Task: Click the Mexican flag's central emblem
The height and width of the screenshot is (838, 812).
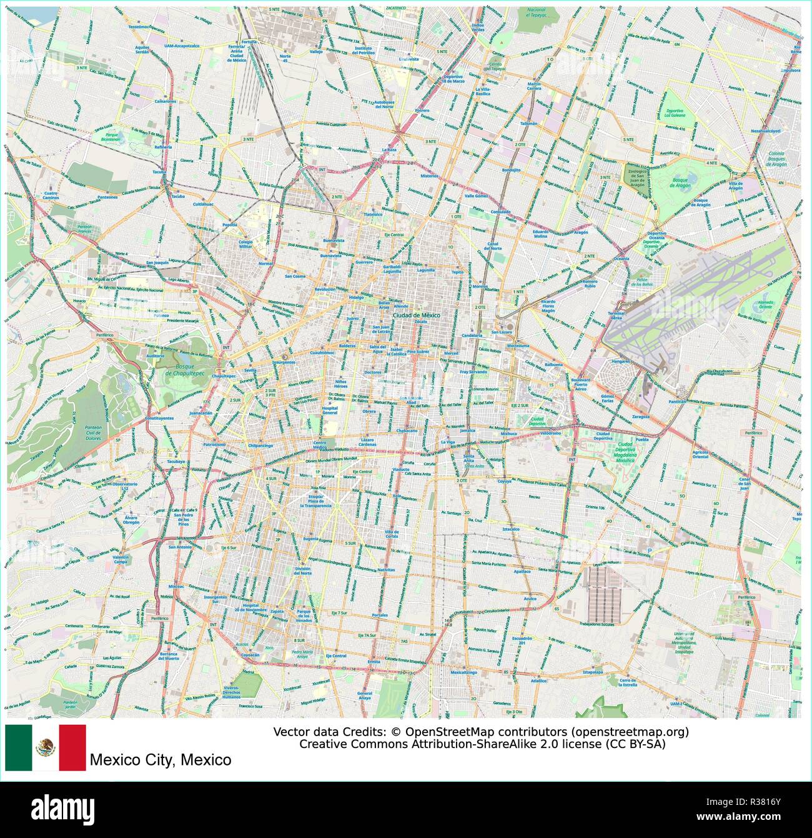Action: click(45, 747)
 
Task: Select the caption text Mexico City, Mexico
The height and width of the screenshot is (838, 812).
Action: click(161, 760)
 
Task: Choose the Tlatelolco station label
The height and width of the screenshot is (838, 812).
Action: click(373, 214)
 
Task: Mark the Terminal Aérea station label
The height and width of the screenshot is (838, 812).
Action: click(616, 316)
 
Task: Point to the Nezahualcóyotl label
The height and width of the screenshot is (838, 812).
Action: click(766, 131)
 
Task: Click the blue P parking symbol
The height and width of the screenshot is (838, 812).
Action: click(650, 550)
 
